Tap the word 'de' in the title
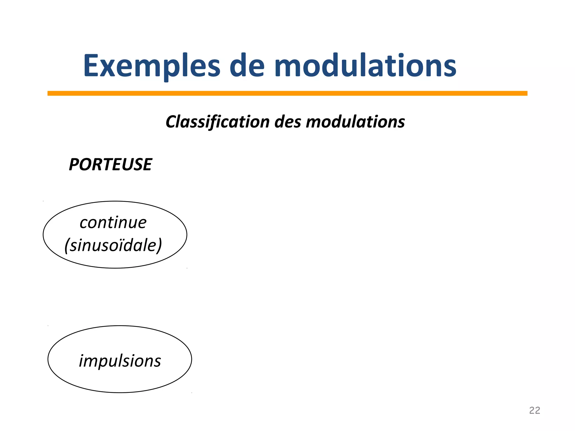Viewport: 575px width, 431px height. (247, 66)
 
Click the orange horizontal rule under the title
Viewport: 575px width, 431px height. (287, 93)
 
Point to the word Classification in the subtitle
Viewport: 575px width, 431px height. (218, 122)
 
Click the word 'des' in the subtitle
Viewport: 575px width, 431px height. (289, 122)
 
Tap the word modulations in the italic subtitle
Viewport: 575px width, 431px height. (355, 122)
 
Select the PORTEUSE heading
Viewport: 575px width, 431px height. (110, 164)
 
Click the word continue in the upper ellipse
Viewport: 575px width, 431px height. (113, 223)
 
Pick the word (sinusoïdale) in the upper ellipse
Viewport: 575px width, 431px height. (113, 245)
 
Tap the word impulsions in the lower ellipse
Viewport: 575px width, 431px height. (120, 361)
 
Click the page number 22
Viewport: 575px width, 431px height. (535, 411)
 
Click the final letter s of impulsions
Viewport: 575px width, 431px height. (158, 361)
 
